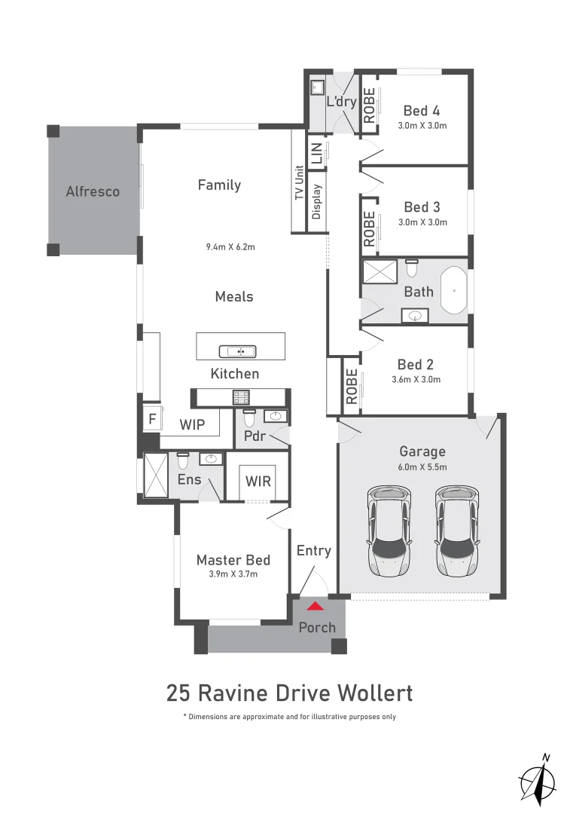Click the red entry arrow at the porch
[316, 604]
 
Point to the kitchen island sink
[237, 351]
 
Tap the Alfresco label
[92, 191]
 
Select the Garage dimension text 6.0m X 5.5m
[422, 467]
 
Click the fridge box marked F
[151, 419]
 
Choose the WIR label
[258, 480]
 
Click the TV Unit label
[299, 182]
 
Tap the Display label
[316, 201]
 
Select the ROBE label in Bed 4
[369, 106]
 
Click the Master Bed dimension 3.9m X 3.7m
[233, 574]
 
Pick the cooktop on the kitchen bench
[241, 396]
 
